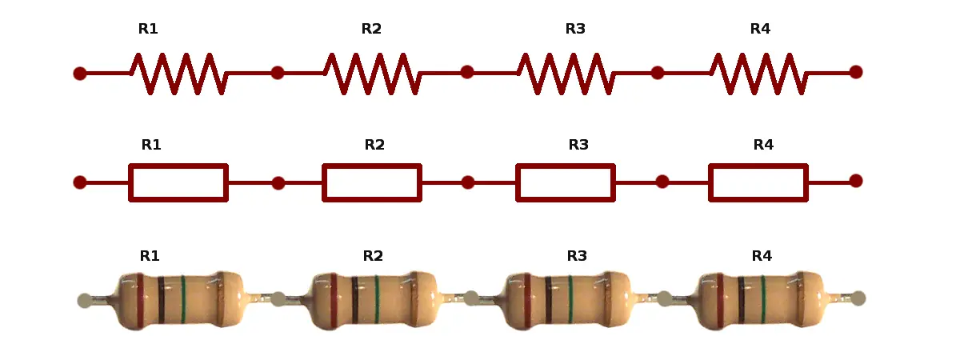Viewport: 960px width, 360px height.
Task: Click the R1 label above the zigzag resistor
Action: point(148,30)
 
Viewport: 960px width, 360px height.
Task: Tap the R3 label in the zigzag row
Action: point(575,30)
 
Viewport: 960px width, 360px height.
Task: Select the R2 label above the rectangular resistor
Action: point(374,146)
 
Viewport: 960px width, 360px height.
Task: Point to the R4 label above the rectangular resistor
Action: point(763,146)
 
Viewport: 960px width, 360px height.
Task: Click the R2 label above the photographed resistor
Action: point(373,257)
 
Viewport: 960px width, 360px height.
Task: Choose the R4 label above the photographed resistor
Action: point(762,257)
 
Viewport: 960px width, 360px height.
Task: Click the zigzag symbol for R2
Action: point(372,73)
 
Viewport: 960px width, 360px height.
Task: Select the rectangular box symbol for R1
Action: point(178,182)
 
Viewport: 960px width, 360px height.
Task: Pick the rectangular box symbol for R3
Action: point(566,182)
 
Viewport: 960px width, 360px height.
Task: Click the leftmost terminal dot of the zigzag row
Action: point(80,74)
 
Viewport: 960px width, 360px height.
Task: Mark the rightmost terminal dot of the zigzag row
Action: point(855,72)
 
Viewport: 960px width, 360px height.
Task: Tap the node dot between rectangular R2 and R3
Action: point(468,182)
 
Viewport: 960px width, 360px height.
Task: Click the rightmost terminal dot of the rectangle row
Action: point(855,181)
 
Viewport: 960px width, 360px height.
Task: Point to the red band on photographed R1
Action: point(140,301)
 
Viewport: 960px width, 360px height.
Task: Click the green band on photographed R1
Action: point(183,301)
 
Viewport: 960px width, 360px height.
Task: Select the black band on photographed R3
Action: point(549,299)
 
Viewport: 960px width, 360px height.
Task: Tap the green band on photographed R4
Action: point(762,299)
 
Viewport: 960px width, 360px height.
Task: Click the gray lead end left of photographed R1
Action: point(85,301)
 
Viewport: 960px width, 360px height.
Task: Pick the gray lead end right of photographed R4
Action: point(858,298)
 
